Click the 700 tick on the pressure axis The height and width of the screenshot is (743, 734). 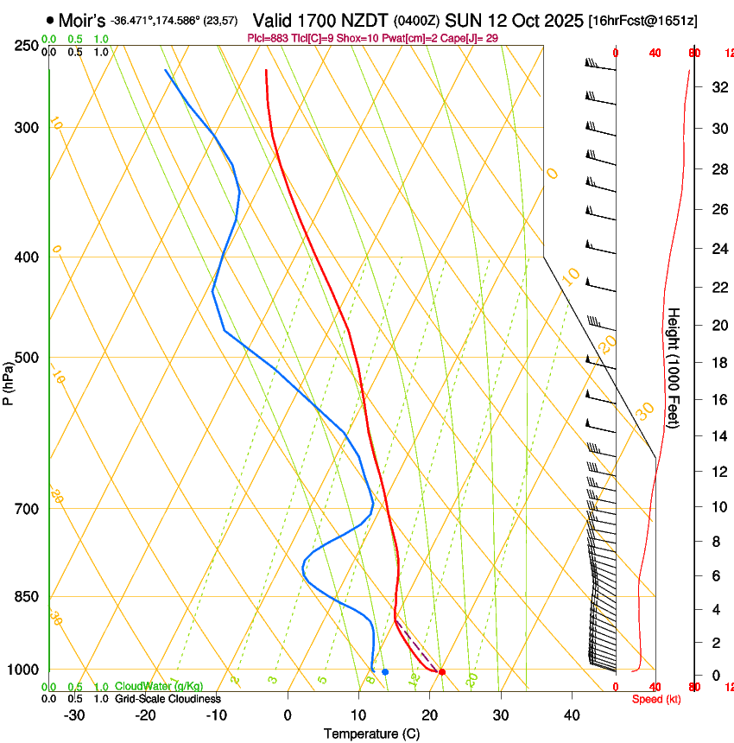coord(27,508)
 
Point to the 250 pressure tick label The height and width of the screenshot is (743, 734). coord(27,45)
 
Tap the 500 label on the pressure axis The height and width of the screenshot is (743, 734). coord(27,358)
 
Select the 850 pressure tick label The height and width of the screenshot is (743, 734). coord(27,596)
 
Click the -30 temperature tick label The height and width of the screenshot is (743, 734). coord(74,715)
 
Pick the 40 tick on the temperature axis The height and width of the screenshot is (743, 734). coord(571,715)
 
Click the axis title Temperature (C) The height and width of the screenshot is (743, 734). coord(370,733)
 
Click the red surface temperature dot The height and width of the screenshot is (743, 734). coord(441,671)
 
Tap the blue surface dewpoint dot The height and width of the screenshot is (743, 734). coord(385,671)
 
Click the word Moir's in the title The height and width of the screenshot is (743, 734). coord(82,20)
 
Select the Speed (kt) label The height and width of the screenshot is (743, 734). coord(656,699)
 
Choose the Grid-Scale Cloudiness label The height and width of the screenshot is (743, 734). coord(168,698)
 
